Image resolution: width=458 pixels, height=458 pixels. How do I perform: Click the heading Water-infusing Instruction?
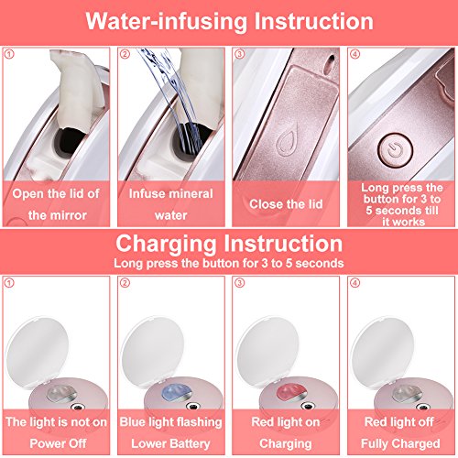pos(229,21)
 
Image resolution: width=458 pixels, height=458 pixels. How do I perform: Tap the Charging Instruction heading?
pos(229,244)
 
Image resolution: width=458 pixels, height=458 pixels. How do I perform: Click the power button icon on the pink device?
pos(395,150)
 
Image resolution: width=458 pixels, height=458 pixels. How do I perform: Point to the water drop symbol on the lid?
pos(286,143)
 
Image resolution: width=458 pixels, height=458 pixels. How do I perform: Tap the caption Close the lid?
pos(286,204)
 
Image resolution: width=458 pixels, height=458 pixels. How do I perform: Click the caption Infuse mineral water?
pos(171,204)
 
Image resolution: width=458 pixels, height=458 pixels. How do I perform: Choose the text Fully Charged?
pos(400,443)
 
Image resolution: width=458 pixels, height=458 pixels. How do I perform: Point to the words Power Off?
pos(58,443)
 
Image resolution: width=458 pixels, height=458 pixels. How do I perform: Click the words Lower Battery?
pos(170,443)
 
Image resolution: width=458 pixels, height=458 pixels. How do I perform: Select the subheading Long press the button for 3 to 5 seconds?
pos(229,263)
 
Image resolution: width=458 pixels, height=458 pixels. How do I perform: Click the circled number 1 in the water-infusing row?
pos(9,54)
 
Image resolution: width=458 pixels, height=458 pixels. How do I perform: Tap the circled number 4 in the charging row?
pos(354,283)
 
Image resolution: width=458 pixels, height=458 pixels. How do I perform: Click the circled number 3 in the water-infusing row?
pos(240,54)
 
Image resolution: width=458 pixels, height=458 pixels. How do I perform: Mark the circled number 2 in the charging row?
pos(125,283)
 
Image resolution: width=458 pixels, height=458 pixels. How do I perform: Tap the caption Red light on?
pos(286,422)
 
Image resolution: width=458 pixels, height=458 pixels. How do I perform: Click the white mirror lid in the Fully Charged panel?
pos(383,351)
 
